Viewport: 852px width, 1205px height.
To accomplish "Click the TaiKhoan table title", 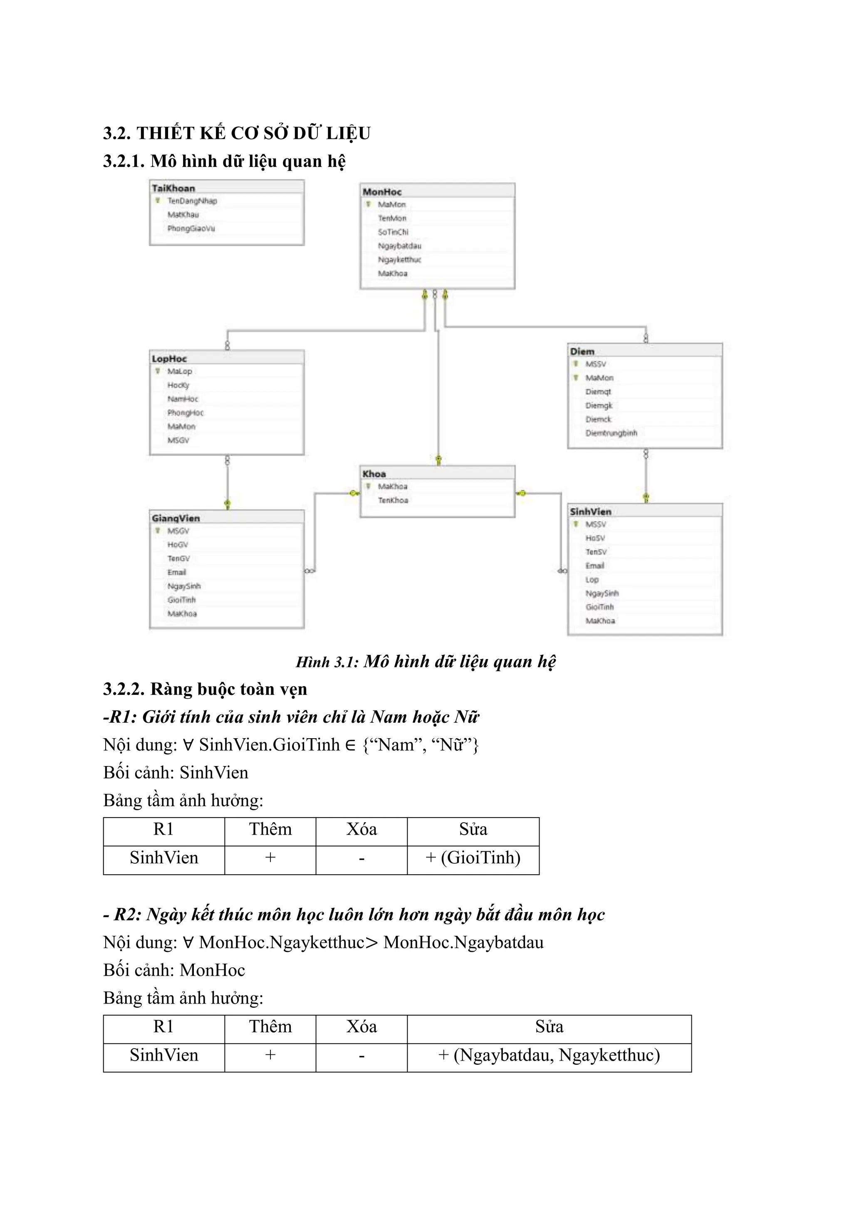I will (173, 188).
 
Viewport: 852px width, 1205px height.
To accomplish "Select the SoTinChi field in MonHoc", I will (393, 232).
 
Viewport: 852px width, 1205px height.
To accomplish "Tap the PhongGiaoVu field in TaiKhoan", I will (191, 228).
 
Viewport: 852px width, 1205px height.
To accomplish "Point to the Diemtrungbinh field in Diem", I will (611, 433).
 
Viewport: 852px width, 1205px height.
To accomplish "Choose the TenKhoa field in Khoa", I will (393, 500).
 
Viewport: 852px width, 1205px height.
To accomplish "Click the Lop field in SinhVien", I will (592, 580).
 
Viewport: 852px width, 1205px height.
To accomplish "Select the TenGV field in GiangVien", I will (178, 558).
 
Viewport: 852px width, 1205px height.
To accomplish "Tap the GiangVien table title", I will (176, 518).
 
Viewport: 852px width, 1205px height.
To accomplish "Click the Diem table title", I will (582, 351).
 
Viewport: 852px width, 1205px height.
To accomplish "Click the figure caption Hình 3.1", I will (426, 662).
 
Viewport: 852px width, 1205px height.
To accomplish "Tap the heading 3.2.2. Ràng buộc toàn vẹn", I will (205, 689).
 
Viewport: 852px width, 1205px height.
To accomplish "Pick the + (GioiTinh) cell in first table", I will (473, 858).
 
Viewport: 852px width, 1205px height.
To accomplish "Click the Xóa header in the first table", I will (362, 829).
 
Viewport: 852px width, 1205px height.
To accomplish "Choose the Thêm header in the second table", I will (270, 1026).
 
